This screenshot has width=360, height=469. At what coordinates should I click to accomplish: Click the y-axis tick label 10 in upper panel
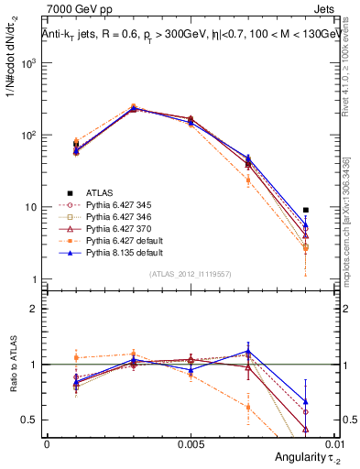point(30,207)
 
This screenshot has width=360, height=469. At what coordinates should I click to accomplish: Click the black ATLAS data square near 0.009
point(305,210)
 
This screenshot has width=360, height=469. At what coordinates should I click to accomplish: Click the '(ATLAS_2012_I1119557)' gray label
point(190,273)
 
